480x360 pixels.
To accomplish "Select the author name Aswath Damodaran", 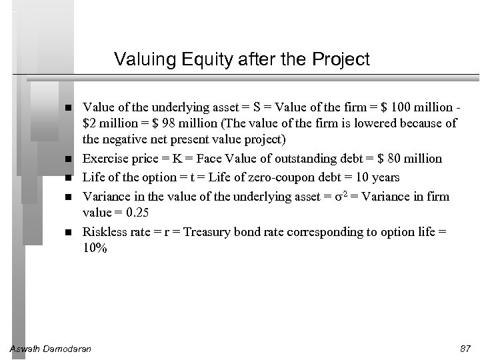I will (53, 349).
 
